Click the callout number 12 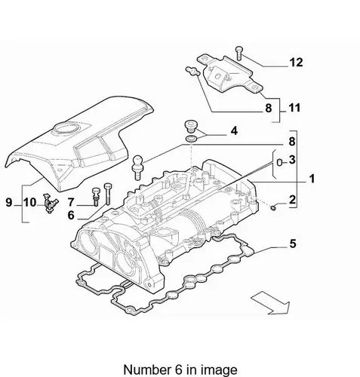[296, 63]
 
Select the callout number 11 [294, 108]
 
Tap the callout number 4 [234, 131]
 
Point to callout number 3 [292, 160]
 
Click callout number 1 [312, 179]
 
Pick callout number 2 [292, 200]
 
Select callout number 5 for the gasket [292, 244]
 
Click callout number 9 [9, 202]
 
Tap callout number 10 [30, 202]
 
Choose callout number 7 [71, 202]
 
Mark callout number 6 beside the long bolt [71, 216]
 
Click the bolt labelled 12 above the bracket [238, 53]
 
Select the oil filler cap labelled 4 [191, 127]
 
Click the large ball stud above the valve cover [138, 167]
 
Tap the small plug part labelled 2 [273, 207]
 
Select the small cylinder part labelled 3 [279, 162]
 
